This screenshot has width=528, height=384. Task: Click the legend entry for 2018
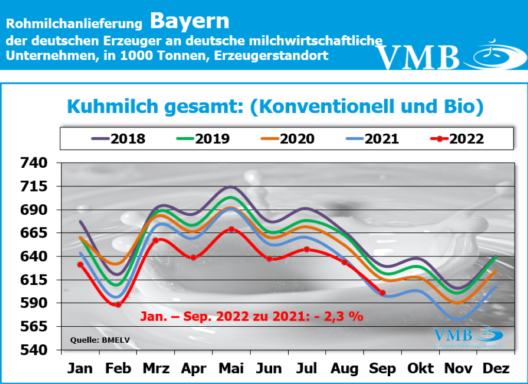pos(119,139)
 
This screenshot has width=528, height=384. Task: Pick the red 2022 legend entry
pos(457,139)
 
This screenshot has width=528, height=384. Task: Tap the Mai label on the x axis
pos(232,369)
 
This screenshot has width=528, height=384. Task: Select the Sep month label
pos(383,369)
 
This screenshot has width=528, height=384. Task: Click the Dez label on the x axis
pos(496,369)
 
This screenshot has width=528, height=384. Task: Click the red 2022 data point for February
pos(118,305)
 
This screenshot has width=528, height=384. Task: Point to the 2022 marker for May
pos(232,229)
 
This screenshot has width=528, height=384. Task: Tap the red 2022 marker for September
pos(383,293)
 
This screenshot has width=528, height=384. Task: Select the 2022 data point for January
pos(80,265)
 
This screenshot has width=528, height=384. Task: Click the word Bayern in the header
pos(189,21)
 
